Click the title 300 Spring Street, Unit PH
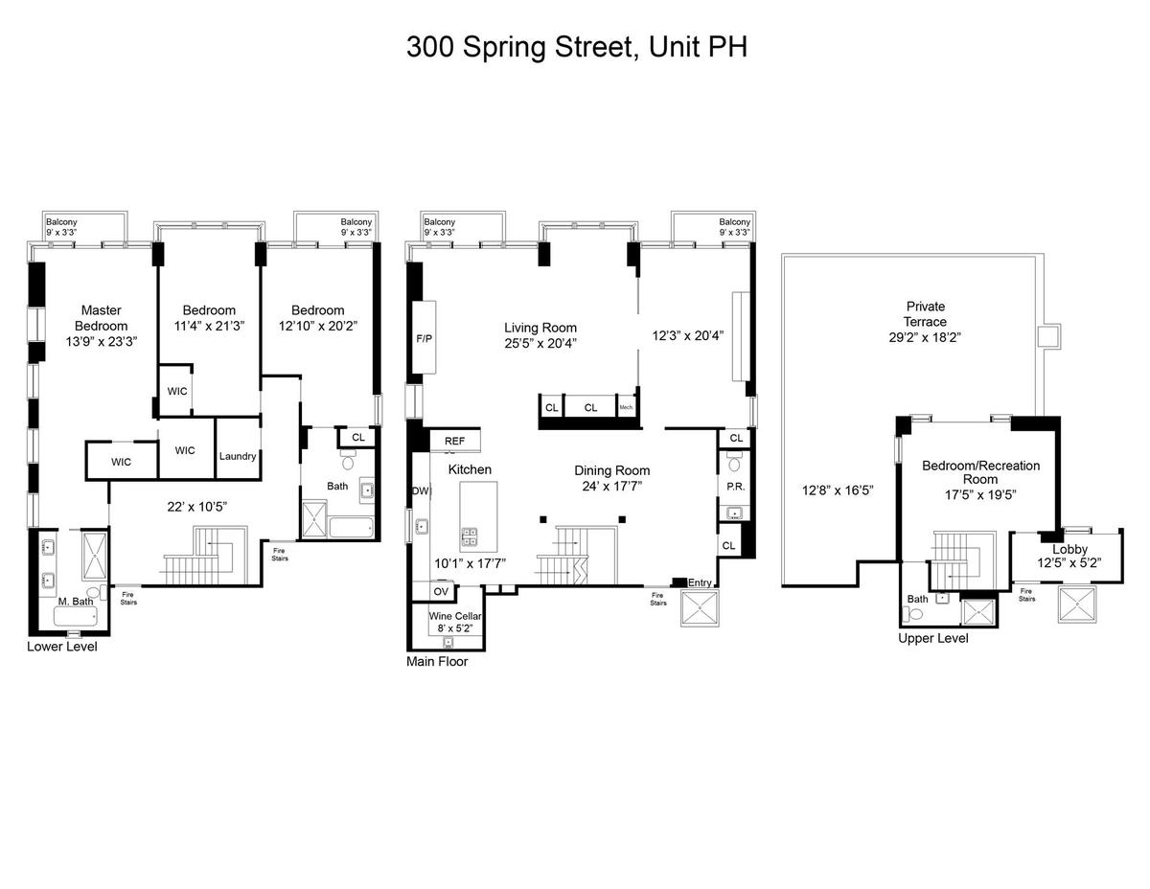coord(576,47)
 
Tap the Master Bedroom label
coord(101,318)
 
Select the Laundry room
coord(239,448)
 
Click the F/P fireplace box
coord(424,337)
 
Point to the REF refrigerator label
coord(454,441)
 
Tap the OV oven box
coord(441,592)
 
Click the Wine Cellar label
coord(454,616)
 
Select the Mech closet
coord(626,407)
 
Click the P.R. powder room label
coord(736,487)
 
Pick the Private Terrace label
coord(925,313)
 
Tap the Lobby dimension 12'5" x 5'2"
coord(1069,562)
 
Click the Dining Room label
coord(612,470)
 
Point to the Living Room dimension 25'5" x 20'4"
coord(540,343)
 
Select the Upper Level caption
coord(933,638)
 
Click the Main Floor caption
coord(437,661)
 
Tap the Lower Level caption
coord(62,647)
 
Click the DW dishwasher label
coord(422,490)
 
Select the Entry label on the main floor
coord(700,582)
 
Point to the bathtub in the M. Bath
coord(76,616)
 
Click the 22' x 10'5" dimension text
coord(196,507)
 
